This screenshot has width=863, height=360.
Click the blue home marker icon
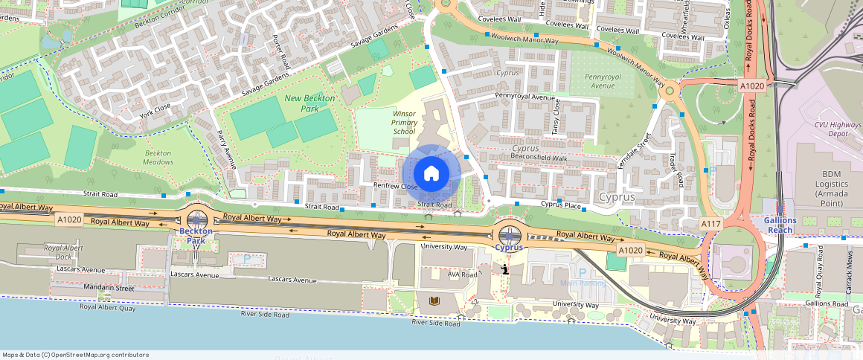tap(431, 174)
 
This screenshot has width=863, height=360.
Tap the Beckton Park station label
tap(196, 236)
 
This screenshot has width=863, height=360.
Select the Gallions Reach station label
tap(780, 225)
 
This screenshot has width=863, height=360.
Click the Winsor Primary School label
tap(404, 122)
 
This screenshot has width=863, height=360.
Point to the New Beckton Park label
tap(309, 103)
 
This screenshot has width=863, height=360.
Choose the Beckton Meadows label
tap(158, 158)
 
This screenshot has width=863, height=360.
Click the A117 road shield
tap(711, 223)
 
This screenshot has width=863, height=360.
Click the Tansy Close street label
tap(556, 116)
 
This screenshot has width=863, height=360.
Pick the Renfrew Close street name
tap(396, 187)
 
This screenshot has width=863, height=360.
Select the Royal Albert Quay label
tap(107, 306)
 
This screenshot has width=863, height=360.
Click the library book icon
tap(435, 301)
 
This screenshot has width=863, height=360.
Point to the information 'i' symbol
tap(505, 269)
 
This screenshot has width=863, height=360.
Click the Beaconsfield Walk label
tap(539, 158)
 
